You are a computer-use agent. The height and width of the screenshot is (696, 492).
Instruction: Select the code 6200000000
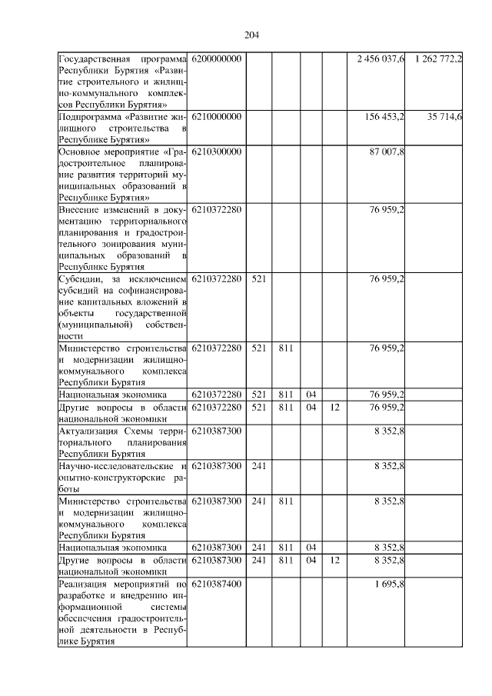pyautogui.click(x=216, y=59)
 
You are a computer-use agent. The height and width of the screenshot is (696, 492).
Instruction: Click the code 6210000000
pyautogui.click(x=216, y=116)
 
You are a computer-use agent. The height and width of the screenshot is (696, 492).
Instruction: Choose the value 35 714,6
pyautogui.click(x=443, y=116)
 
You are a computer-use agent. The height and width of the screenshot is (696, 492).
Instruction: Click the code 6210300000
pyautogui.click(x=216, y=152)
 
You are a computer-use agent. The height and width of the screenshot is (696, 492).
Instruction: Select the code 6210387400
pyautogui.click(x=216, y=585)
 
